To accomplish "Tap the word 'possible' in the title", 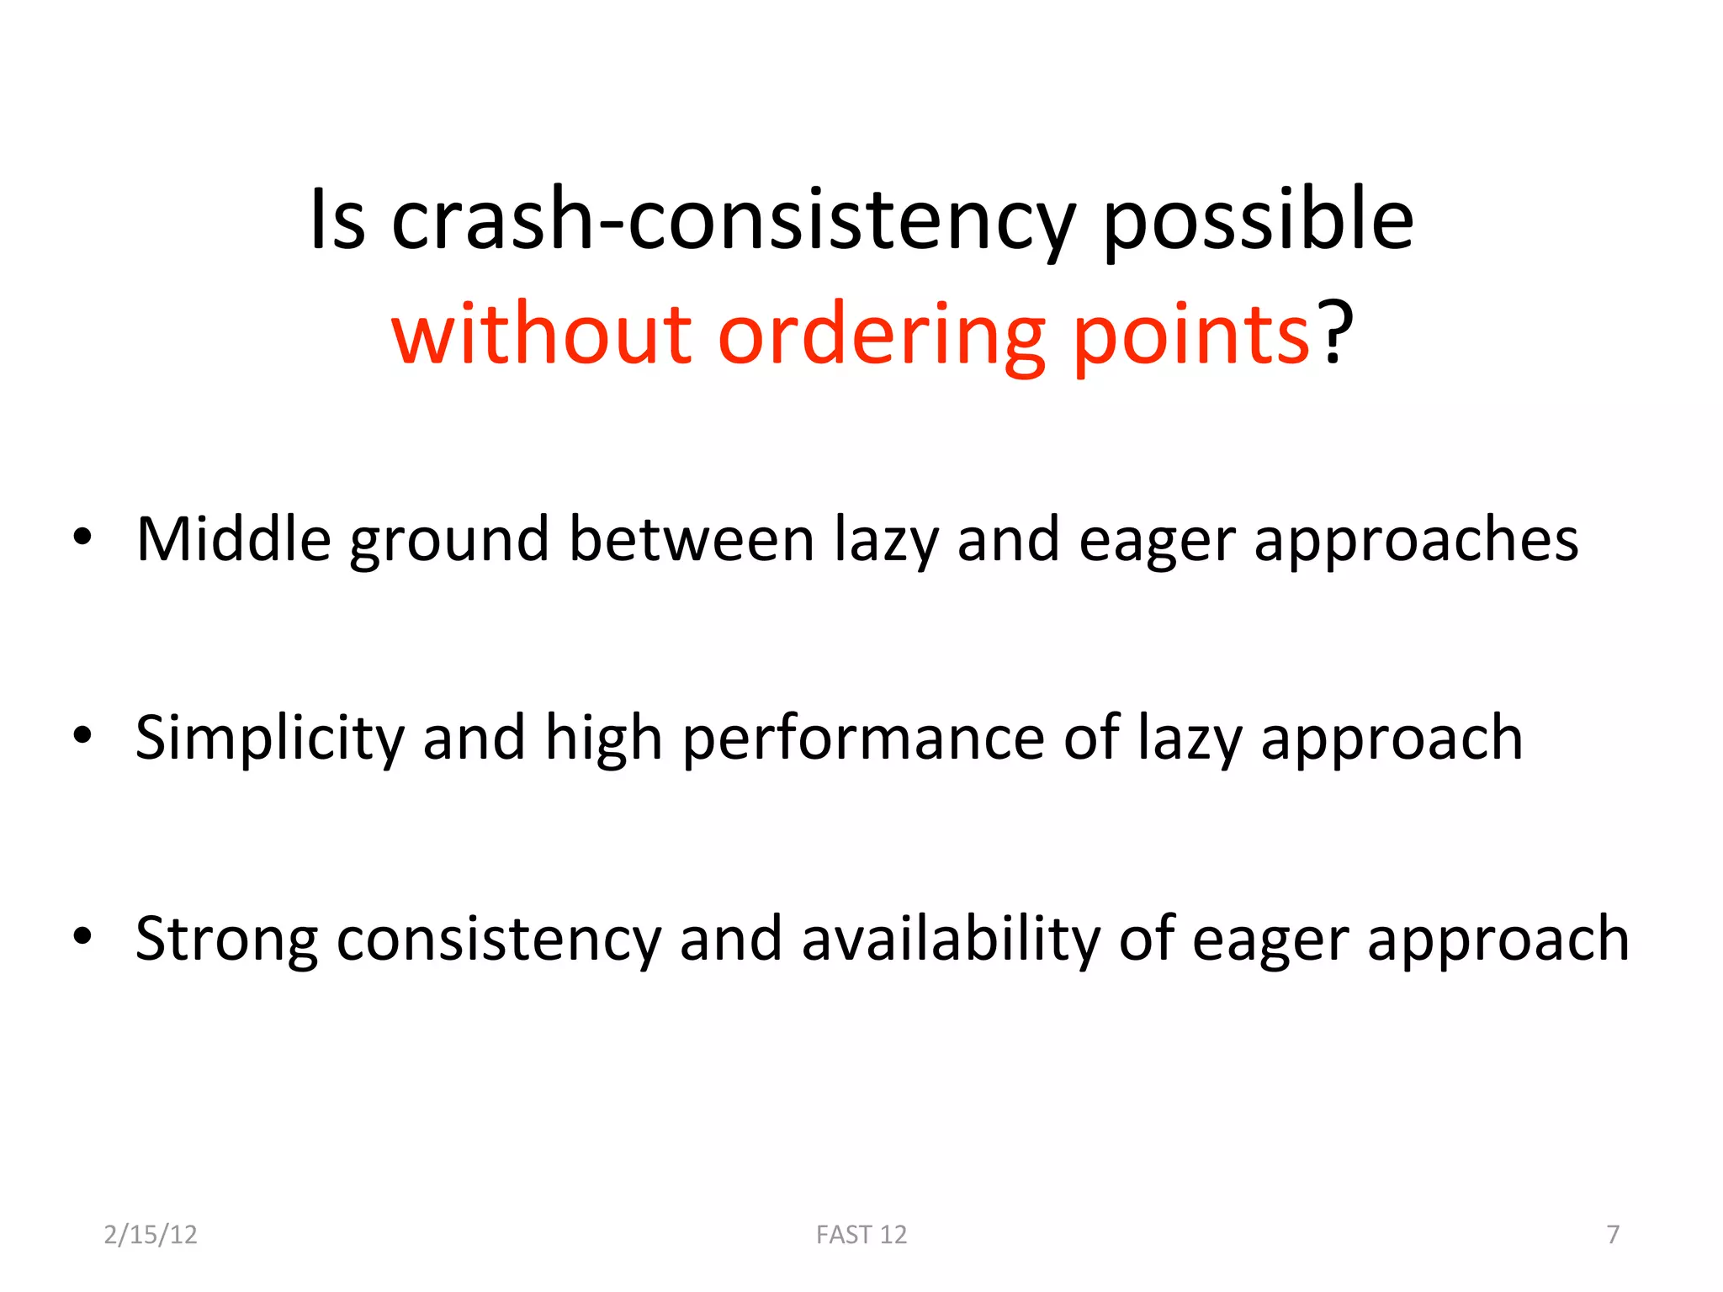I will (1258, 220).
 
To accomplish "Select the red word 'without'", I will (542, 335).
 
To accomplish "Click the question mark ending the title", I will (1335, 335).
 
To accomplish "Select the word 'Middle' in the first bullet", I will (234, 539).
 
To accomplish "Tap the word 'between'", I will (692, 539).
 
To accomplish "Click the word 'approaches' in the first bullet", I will (1416, 541).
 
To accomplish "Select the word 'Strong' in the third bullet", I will (226, 939).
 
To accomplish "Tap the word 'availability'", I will (951, 939).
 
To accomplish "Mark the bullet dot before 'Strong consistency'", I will (82, 935).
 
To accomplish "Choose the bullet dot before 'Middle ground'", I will (82, 537).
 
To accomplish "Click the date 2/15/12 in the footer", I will (151, 1234).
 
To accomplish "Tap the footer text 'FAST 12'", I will (861, 1234).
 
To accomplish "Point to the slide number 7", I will (1612, 1234).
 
